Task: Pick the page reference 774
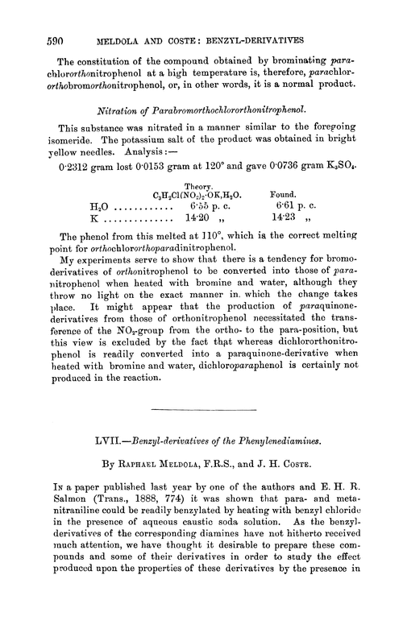point(164,515)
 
